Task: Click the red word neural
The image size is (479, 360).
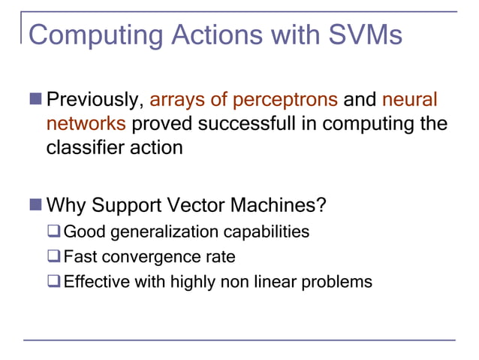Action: (409, 100)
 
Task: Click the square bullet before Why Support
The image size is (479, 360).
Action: (37, 205)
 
